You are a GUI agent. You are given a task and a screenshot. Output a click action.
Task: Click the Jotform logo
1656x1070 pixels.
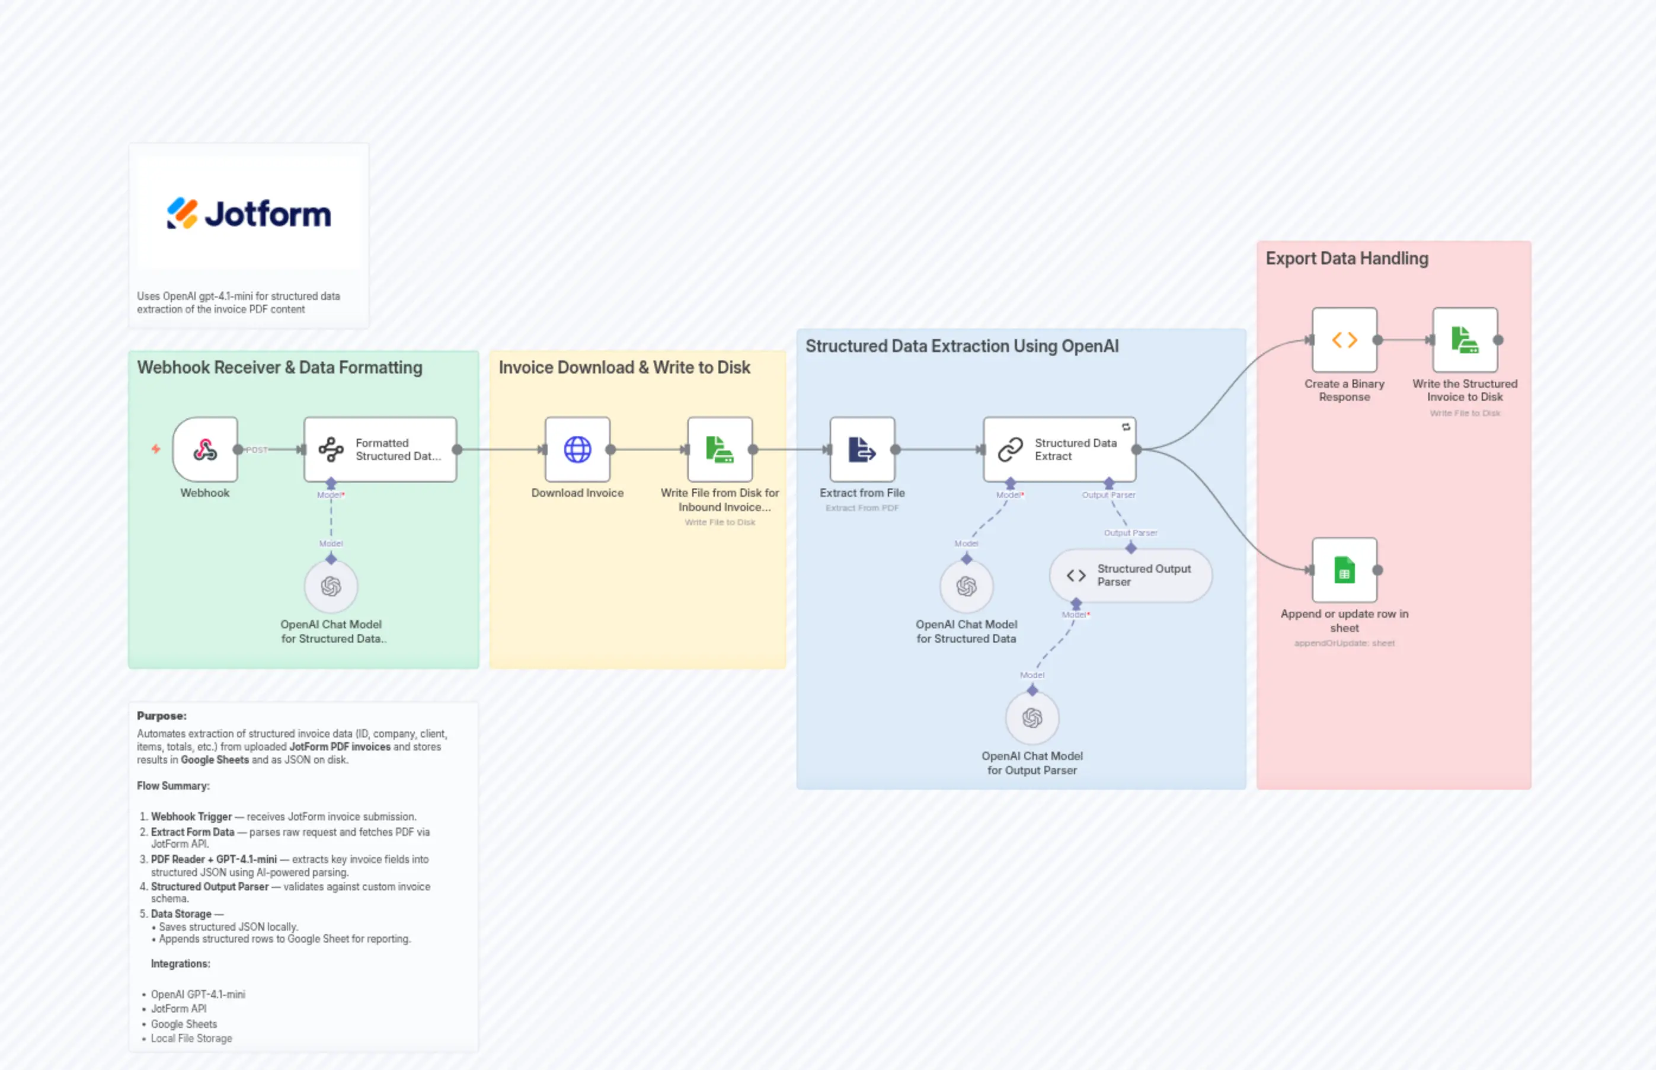tap(249, 213)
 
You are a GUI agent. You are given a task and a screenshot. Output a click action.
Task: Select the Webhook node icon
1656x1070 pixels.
tap(205, 449)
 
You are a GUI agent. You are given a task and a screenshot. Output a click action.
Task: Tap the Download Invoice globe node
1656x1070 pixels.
tap(577, 449)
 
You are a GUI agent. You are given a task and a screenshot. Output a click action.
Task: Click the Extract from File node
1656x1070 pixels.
tap(862, 449)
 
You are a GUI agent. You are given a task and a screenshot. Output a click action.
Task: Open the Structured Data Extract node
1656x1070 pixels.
tap(1059, 449)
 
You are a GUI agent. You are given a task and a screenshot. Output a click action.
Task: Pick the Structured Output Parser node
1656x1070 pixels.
tap(1130, 575)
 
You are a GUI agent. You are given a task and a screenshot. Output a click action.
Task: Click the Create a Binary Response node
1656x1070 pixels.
tap(1344, 340)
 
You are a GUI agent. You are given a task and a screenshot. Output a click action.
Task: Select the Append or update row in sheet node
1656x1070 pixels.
tap(1344, 570)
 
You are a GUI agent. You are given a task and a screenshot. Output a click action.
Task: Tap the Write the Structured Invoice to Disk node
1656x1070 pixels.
tap(1465, 340)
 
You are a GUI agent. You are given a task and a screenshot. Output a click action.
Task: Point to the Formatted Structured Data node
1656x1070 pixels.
tap(380, 449)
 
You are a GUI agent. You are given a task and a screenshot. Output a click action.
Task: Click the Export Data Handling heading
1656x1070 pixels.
tap(1346, 258)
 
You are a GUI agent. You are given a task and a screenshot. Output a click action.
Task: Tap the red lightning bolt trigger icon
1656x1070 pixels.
tap(156, 449)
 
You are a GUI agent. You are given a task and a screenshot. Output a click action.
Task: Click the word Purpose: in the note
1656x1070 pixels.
tap(161, 716)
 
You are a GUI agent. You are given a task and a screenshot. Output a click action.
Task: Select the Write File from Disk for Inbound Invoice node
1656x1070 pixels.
tap(720, 449)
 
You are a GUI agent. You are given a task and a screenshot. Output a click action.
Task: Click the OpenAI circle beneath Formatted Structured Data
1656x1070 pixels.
tap(331, 586)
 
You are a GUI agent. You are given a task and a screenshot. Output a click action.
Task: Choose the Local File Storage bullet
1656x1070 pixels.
tap(191, 1039)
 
